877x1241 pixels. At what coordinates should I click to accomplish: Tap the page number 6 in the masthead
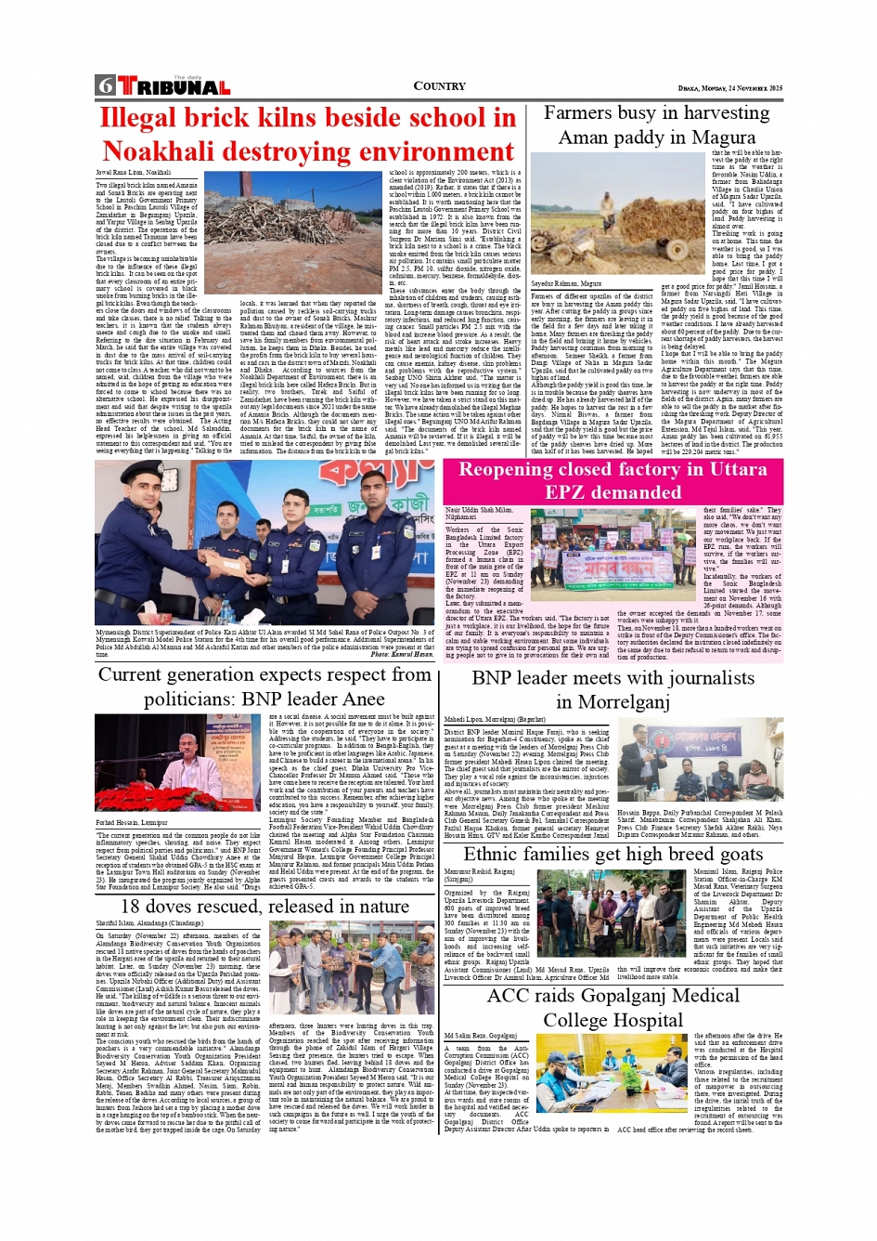click(105, 86)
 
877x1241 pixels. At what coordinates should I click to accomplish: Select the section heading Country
click(439, 86)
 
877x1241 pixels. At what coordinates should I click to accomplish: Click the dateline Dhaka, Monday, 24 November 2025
click(729, 88)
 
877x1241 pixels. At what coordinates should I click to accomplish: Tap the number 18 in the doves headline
click(134, 906)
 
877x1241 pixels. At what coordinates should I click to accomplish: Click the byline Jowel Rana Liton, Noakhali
click(134, 173)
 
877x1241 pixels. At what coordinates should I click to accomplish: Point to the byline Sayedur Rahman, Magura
click(566, 283)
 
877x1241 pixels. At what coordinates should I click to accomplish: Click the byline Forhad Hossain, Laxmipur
click(133, 823)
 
